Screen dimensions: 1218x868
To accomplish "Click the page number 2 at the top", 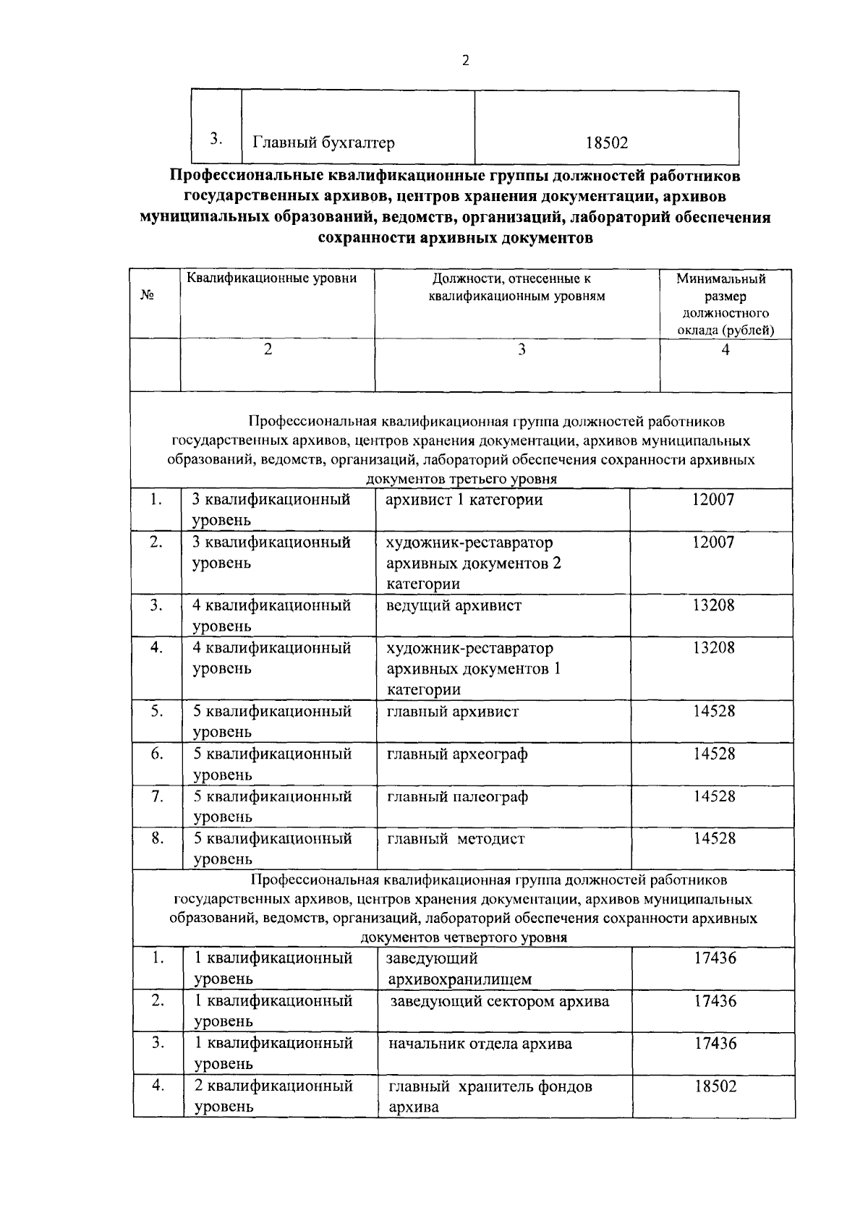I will tap(465, 61).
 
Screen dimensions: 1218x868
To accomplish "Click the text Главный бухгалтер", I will tap(323, 142).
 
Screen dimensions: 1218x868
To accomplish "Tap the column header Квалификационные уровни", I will tap(272, 278).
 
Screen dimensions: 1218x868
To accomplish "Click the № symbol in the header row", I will tap(147, 295).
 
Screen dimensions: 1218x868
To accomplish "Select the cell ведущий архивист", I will tap(454, 605).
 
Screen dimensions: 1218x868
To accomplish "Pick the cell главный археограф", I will tap(457, 754).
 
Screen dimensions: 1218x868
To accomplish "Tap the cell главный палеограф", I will tap(457, 796).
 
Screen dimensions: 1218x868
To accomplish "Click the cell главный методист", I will tap(456, 839).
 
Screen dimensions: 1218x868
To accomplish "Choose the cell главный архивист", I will tap(453, 712).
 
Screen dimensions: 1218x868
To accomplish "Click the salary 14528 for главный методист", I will tap(714, 838).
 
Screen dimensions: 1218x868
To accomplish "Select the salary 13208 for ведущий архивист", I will tap(713, 605).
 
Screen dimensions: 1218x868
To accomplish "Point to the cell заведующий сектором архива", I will tap(500, 1001).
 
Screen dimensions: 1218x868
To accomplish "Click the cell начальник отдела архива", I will tap(480, 1044).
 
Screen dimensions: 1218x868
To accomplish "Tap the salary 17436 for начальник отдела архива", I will tap(715, 1043).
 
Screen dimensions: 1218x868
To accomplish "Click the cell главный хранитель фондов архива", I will tap(490, 1096).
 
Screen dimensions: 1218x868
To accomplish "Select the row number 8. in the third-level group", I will tap(156, 838).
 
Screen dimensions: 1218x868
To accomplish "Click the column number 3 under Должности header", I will tap(520, 350).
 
